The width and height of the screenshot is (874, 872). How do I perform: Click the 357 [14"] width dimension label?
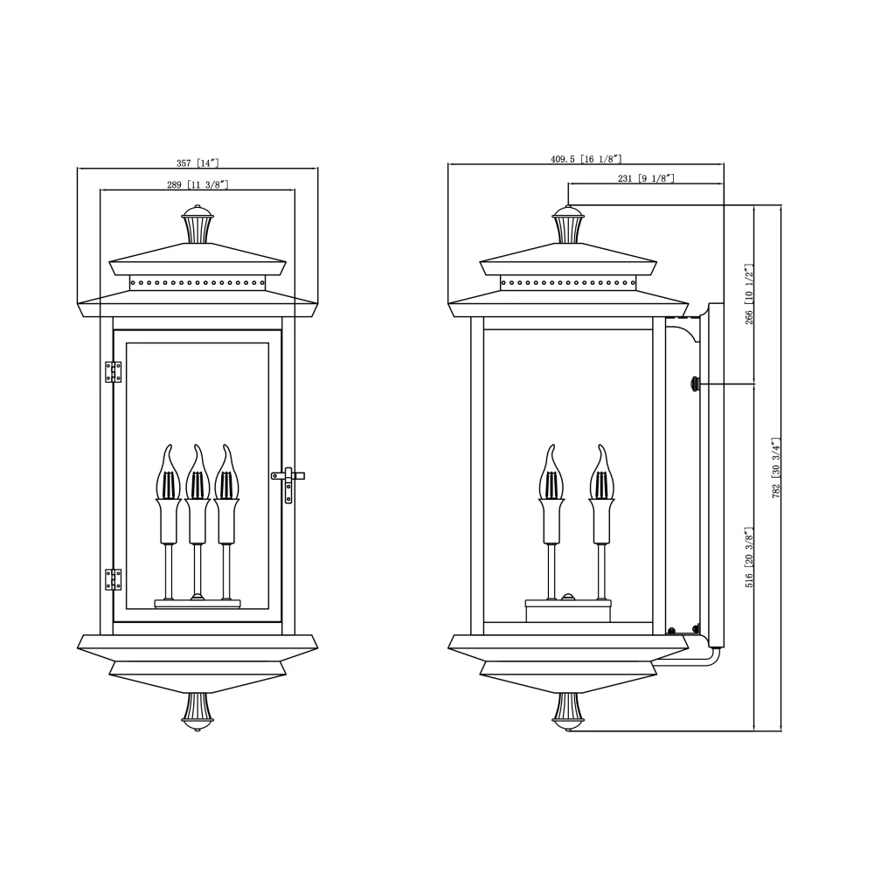pos(197,163)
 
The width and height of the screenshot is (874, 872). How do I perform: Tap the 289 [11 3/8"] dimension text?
pos(197,185)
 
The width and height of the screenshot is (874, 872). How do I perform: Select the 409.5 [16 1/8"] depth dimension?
pos(586,159)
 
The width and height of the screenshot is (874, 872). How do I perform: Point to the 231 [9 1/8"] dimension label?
pos(645,178)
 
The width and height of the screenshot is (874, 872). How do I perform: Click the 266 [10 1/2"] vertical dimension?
pos(749,294)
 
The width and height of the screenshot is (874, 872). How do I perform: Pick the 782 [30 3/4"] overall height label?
pos(776,467)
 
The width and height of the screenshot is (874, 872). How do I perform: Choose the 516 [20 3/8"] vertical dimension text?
pos(749,557)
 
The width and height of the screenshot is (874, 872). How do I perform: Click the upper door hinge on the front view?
pos(113,372)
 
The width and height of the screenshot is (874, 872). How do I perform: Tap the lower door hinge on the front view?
pos(113,579)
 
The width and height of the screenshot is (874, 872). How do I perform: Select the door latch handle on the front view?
pos(288,480)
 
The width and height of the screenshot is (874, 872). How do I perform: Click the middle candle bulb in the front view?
pos(197,476)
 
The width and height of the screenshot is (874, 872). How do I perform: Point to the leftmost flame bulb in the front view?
pos(168,476)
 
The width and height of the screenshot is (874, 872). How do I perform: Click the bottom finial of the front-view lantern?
pos(198,709)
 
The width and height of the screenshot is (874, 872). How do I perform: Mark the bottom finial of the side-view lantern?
pos(568,709)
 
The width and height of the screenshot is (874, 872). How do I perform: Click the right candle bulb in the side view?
pos(601,476)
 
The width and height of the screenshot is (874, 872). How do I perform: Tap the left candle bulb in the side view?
pos(551,476)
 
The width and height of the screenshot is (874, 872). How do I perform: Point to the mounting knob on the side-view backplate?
pos(696,384)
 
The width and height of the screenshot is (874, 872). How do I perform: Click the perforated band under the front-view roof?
pos(198,282)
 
